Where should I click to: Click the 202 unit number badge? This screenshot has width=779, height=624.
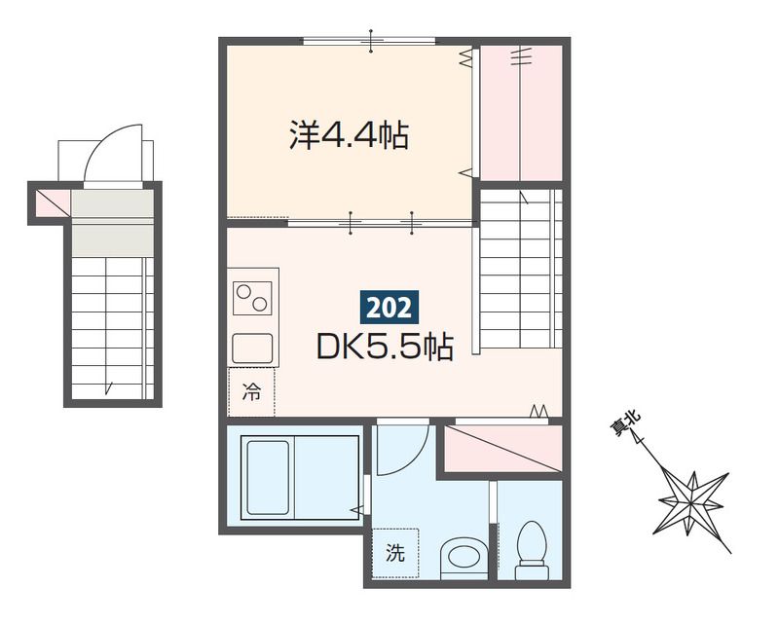tap(389, 308)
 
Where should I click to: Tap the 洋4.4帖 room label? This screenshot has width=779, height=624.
tap(348, 135)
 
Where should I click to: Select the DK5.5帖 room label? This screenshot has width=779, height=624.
tap(384, 347)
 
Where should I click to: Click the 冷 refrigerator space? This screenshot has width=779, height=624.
tap(251, 392)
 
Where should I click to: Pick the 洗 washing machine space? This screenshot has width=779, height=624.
tap(394, 554)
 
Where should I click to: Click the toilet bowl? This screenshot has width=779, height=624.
tap(531, 550)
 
